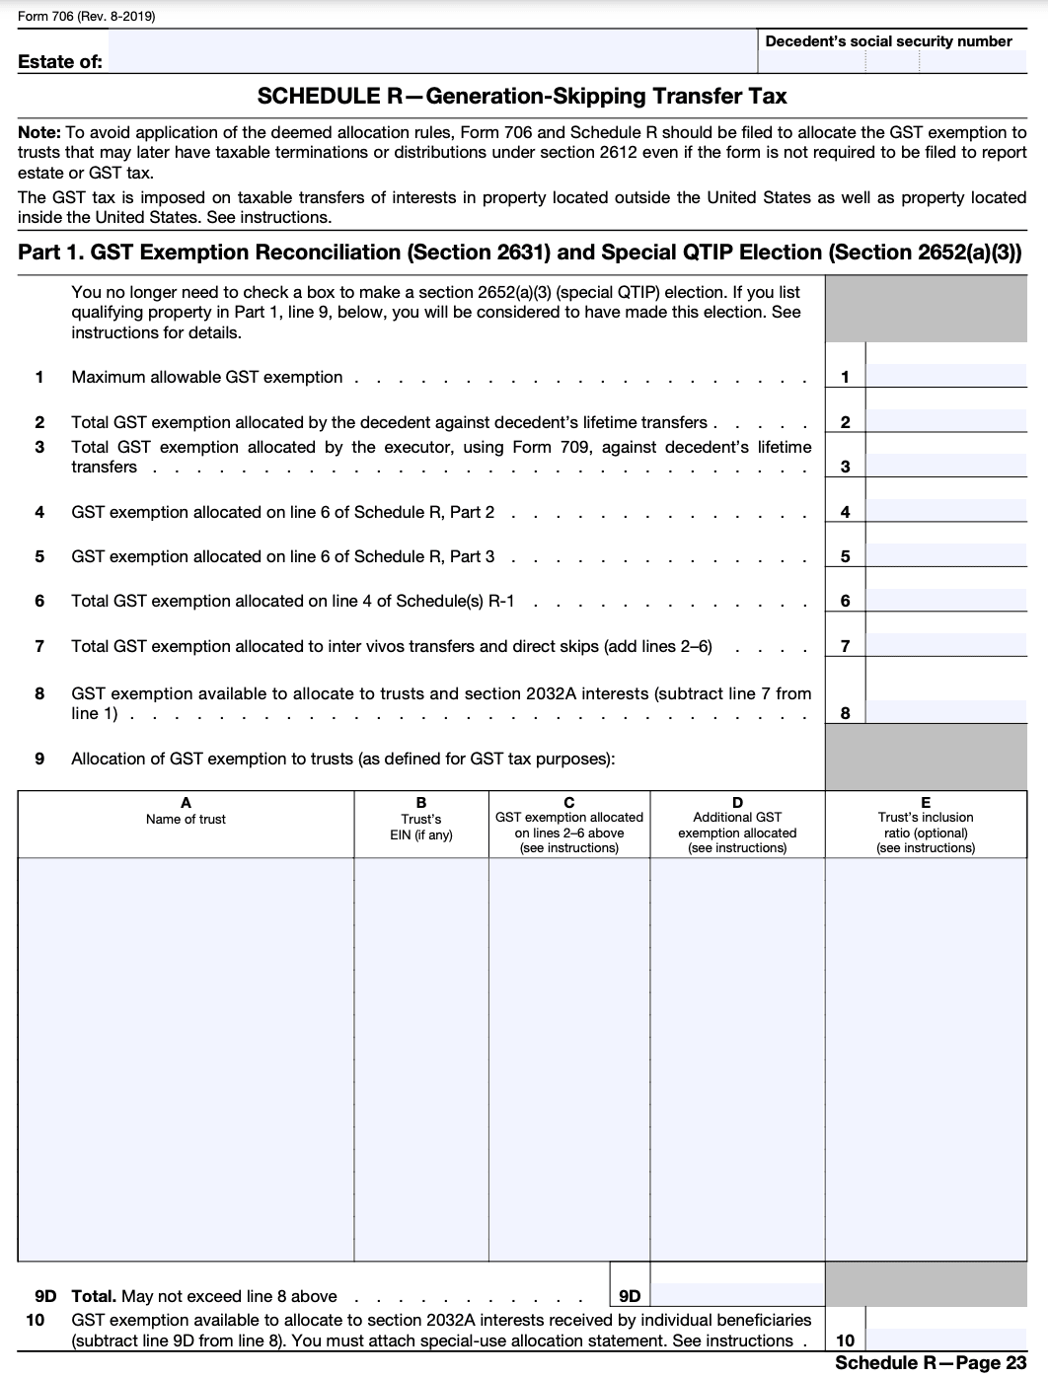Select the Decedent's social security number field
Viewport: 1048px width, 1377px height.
891,62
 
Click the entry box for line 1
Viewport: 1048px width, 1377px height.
945,376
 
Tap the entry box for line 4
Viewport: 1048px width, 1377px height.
945,511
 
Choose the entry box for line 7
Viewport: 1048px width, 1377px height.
945,645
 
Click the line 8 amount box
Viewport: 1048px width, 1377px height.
945,712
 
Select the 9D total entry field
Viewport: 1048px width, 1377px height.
736,1295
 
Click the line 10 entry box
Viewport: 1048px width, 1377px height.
945,1340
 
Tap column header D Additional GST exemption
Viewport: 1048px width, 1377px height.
737,825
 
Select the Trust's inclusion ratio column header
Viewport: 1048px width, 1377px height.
925,825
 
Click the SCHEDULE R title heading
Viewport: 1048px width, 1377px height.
522,97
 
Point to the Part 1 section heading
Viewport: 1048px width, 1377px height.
519,253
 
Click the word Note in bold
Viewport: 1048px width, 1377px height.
38,132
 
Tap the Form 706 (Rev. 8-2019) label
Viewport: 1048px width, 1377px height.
87,17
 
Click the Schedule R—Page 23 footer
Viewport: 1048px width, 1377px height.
930,1362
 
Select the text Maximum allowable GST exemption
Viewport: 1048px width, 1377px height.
207,377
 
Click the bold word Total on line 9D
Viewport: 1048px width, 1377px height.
94,1296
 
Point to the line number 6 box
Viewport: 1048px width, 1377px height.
845,601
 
